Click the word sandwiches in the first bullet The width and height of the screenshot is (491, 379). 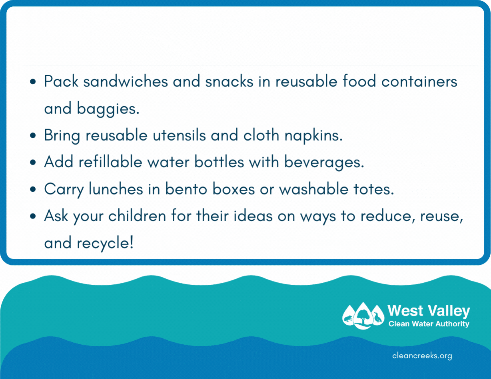[x=126, y=81]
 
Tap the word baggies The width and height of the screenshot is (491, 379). [x=108, y=109]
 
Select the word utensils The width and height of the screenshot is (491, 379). [x=179, y=135]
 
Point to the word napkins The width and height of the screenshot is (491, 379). [x=313, y=136]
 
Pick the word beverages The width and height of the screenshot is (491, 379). [x=324, y=163]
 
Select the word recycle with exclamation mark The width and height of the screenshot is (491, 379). [x=105, y=243]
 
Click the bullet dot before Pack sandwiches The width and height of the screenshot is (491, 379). [x=33, y=81]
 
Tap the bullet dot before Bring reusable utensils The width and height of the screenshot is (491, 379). [x=33, y=135]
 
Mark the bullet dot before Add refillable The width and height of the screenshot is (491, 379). [x=33, y=162]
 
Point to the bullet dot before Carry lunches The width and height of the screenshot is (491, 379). [x=33, y=189]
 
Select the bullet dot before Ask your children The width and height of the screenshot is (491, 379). [x=33, y=216]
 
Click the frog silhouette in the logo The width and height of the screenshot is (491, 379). [x=347, y=319]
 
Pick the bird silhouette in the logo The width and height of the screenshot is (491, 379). [x=377, y=317]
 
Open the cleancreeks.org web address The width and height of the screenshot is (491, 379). [x=422, y=356]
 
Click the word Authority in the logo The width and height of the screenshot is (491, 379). [x=452, y=324]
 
